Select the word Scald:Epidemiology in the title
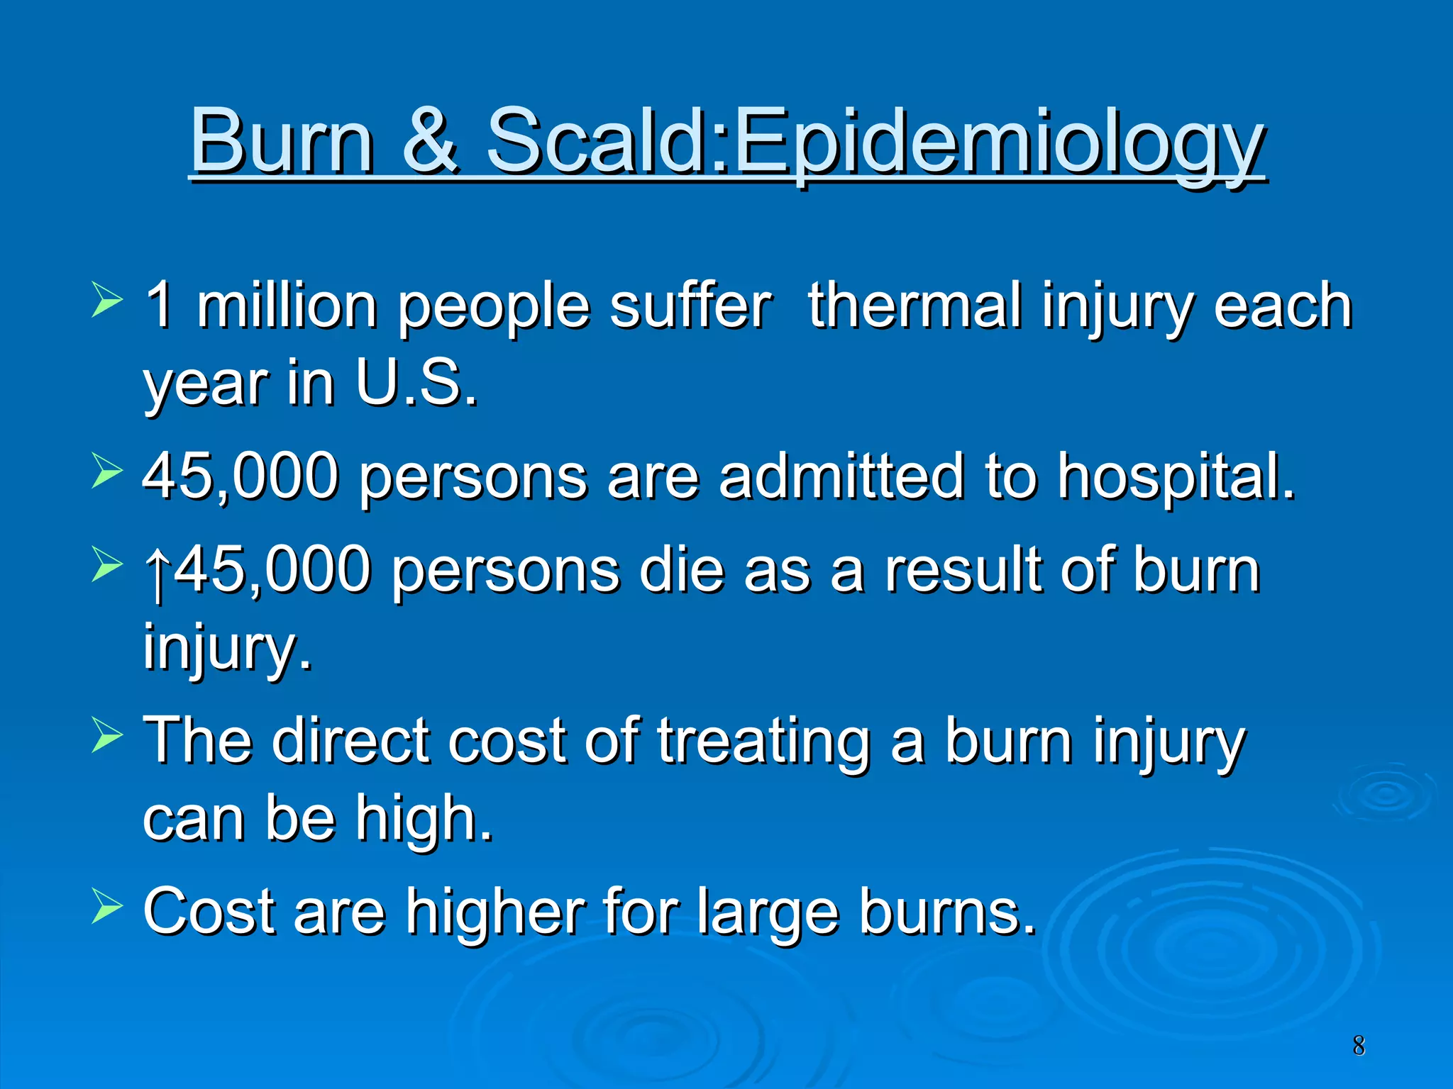[x=874, y=142]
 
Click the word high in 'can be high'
[x=424, y=819]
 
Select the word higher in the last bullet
[x=495, y=912]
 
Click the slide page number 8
[x=1358, y=1046]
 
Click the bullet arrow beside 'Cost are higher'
[x=107, y=907]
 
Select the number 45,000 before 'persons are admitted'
[x=241, y=476]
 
